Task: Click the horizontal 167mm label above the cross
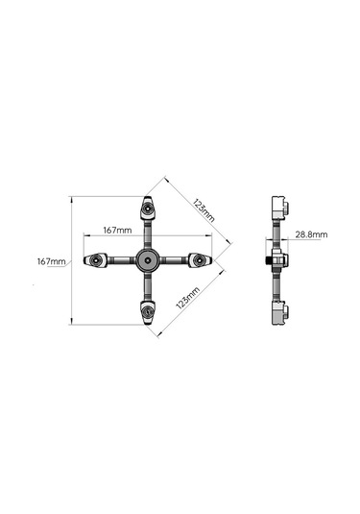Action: tap(117, 231)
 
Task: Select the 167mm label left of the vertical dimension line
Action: tap(51, 261)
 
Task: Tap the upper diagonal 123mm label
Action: tap(204, 210)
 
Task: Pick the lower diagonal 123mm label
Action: tap(188, 298)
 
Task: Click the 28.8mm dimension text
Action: tap(311, 234)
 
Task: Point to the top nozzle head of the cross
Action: tap(148, 208)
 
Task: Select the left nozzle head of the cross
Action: tap(95, 260)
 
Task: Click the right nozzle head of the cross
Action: tap(200, 260)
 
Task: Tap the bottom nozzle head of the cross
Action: tap(148, 313)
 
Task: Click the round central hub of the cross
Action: tap(148, 260)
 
